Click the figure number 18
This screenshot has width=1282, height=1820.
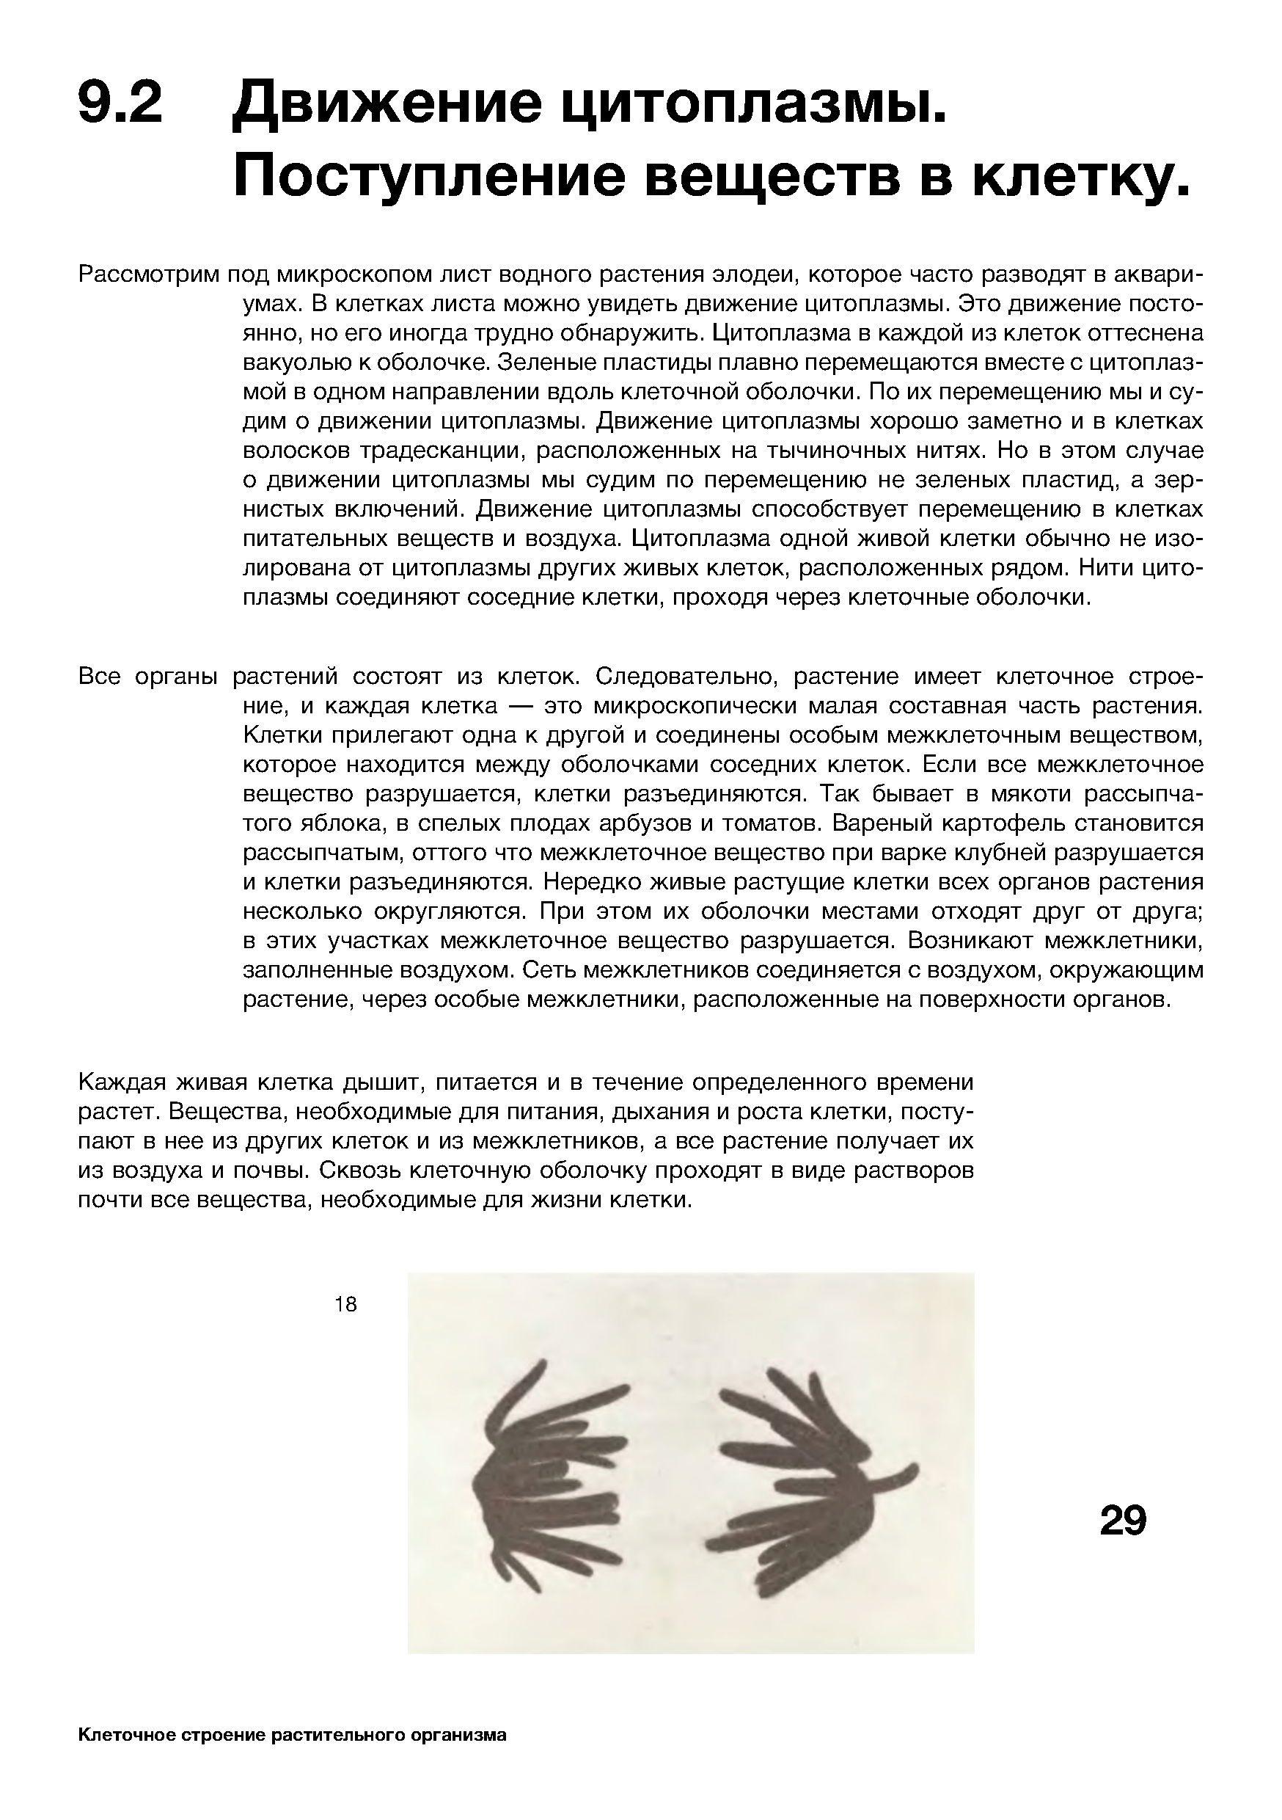coord(345,1304)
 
